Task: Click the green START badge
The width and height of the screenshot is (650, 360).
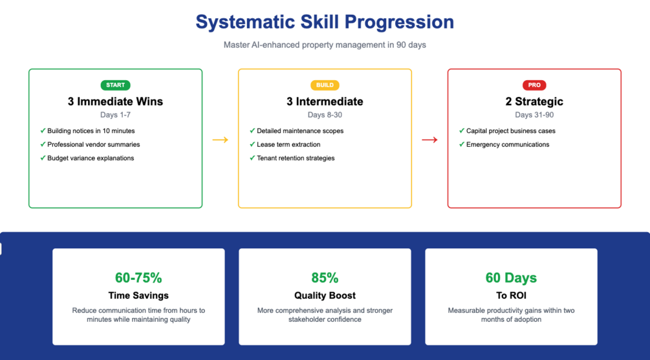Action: [115, 85]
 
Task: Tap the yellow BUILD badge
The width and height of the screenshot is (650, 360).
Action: [325, 85]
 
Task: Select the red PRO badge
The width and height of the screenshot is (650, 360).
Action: [534, 85]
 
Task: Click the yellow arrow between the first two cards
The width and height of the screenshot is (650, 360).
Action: [220, 140]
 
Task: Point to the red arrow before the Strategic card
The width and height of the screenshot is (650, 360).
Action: [429, 140]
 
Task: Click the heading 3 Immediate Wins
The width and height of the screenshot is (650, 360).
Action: [115, 101]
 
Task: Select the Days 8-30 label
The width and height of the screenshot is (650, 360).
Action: [325, 115]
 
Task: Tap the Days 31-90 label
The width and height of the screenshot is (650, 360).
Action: [534, 115]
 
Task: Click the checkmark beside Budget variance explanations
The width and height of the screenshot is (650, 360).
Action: [43, 158]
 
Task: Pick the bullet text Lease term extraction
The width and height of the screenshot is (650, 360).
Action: [288, 145]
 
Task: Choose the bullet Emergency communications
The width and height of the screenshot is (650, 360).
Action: [508, 145]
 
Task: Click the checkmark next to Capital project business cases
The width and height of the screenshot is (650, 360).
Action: [462, 131]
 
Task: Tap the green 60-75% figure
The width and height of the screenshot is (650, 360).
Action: [138, 277]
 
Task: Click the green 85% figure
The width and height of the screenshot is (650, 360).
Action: [325, 277]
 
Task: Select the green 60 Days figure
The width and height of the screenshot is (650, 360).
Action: [511, 277]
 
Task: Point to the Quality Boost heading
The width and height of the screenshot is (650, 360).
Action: [325, 295]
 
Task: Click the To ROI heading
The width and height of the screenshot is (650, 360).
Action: [511, 295]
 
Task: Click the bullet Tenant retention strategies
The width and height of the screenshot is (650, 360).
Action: [296, 158]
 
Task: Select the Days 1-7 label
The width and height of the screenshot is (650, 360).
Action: [115, 115]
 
